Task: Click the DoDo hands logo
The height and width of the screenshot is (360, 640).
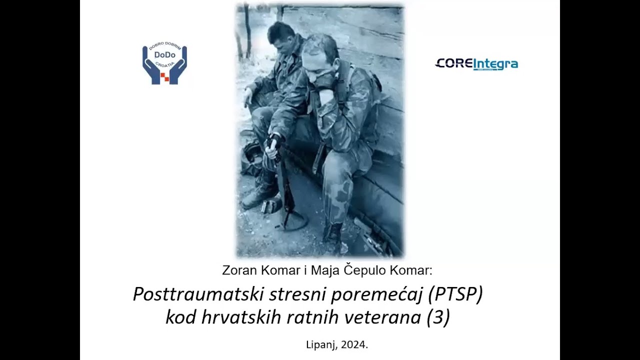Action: (164, 64)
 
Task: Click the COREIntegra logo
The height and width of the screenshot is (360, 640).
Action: (476, 64)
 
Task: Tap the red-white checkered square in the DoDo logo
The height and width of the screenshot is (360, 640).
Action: (164, 77)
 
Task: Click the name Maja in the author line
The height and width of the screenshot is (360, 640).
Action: (325, 270)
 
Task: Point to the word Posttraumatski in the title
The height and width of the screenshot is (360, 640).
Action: (198, 294)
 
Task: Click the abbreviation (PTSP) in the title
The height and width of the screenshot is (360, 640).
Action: (455, 294)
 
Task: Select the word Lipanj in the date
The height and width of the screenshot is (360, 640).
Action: (321, 344)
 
